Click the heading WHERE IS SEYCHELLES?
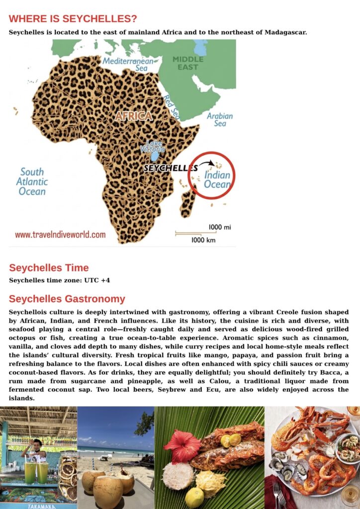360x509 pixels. [x=73, y=19]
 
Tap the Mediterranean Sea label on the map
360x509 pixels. [x=128, y=64]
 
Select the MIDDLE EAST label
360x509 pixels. [x=188, y=63]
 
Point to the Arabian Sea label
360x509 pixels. [x=220, y=119]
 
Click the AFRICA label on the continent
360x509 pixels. [x=134, y=116]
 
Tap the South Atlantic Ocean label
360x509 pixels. [x=32, y=181]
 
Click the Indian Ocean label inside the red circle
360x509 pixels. [x=217, y=179]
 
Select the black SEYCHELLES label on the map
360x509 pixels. [x=170, y=168]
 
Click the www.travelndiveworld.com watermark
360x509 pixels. [x=60, y=235]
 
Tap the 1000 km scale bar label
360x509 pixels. [x=204, y=240]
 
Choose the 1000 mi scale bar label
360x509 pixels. [x=219, y=227]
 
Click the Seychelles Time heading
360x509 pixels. [x=49, y=268]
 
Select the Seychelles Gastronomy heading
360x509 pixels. [x=67, y=299]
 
